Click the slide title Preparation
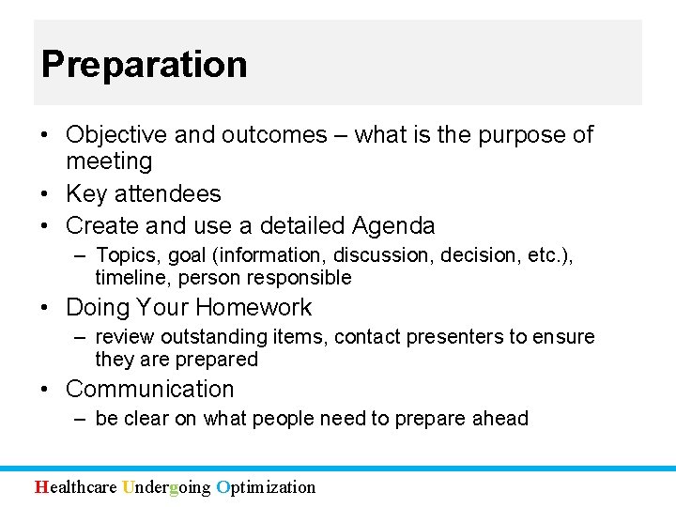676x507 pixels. [144, 65]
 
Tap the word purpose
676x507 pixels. [523, 135]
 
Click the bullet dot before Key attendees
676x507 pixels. [45, 194]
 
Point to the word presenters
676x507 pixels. [456, 337]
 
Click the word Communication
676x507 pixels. [150, 390]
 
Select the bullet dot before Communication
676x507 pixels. [45, 390]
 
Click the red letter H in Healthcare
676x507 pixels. [40, 486]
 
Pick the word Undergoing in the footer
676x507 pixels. [166, 486]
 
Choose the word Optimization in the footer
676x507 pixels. [266, 486]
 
